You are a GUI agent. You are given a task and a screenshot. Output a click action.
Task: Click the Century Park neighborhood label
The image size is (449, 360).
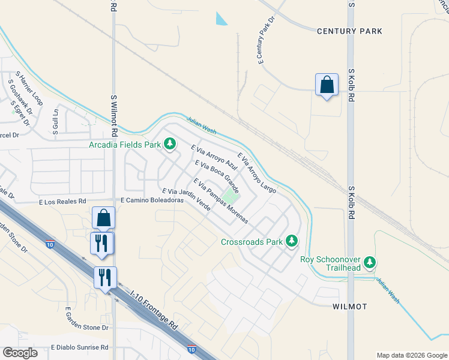pos(349,31)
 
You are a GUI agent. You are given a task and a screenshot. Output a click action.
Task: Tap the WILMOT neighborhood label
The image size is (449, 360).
pos(349,307)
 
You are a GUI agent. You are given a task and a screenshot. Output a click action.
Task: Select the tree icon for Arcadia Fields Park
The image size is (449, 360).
pos(170,144)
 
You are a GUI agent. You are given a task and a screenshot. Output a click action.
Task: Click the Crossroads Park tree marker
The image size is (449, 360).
pos(292,241)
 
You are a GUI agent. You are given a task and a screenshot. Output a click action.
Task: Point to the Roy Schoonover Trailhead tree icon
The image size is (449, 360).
pos(370,262)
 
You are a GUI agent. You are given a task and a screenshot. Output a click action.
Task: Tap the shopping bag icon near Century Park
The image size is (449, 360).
pos(327,85)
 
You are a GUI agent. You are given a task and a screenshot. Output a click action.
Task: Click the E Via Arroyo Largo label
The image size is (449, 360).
pos(257,173)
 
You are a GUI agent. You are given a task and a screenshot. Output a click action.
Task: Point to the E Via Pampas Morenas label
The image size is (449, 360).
pos(220,201)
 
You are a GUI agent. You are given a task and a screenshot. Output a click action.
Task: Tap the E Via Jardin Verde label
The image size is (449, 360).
pos(185,200)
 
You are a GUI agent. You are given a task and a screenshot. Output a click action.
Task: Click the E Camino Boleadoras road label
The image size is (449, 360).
pos(151,200)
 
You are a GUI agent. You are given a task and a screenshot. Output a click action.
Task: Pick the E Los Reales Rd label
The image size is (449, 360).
pos(62,201)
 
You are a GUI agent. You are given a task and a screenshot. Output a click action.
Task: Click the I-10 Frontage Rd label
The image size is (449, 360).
pos(155,308)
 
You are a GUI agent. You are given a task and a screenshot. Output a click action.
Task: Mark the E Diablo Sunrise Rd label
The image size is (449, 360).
pos(79,347)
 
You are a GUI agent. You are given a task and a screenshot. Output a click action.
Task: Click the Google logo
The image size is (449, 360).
pos(20,353)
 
